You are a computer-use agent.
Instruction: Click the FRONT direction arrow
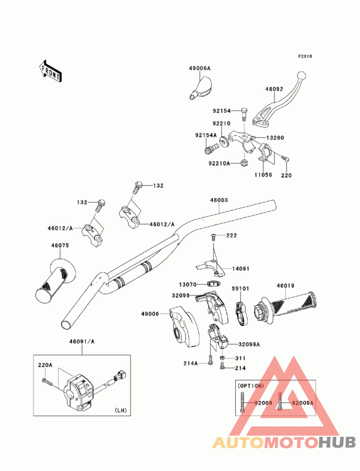pyautogui.click(x=50, y=71)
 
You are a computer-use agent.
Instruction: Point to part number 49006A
pyautogui.click(x=199, y=68)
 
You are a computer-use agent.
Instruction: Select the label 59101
pyautogui.click(x=240, y=288)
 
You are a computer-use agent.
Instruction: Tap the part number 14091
pyautogui.click(x=241, y=269)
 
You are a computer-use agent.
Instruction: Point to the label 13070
pyautogui.click(x=187, y=284)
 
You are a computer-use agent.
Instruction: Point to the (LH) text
pyautogui.click(x=120, y=409)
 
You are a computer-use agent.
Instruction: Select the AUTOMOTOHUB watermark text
pyautogui.click(x=284, y=442)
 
